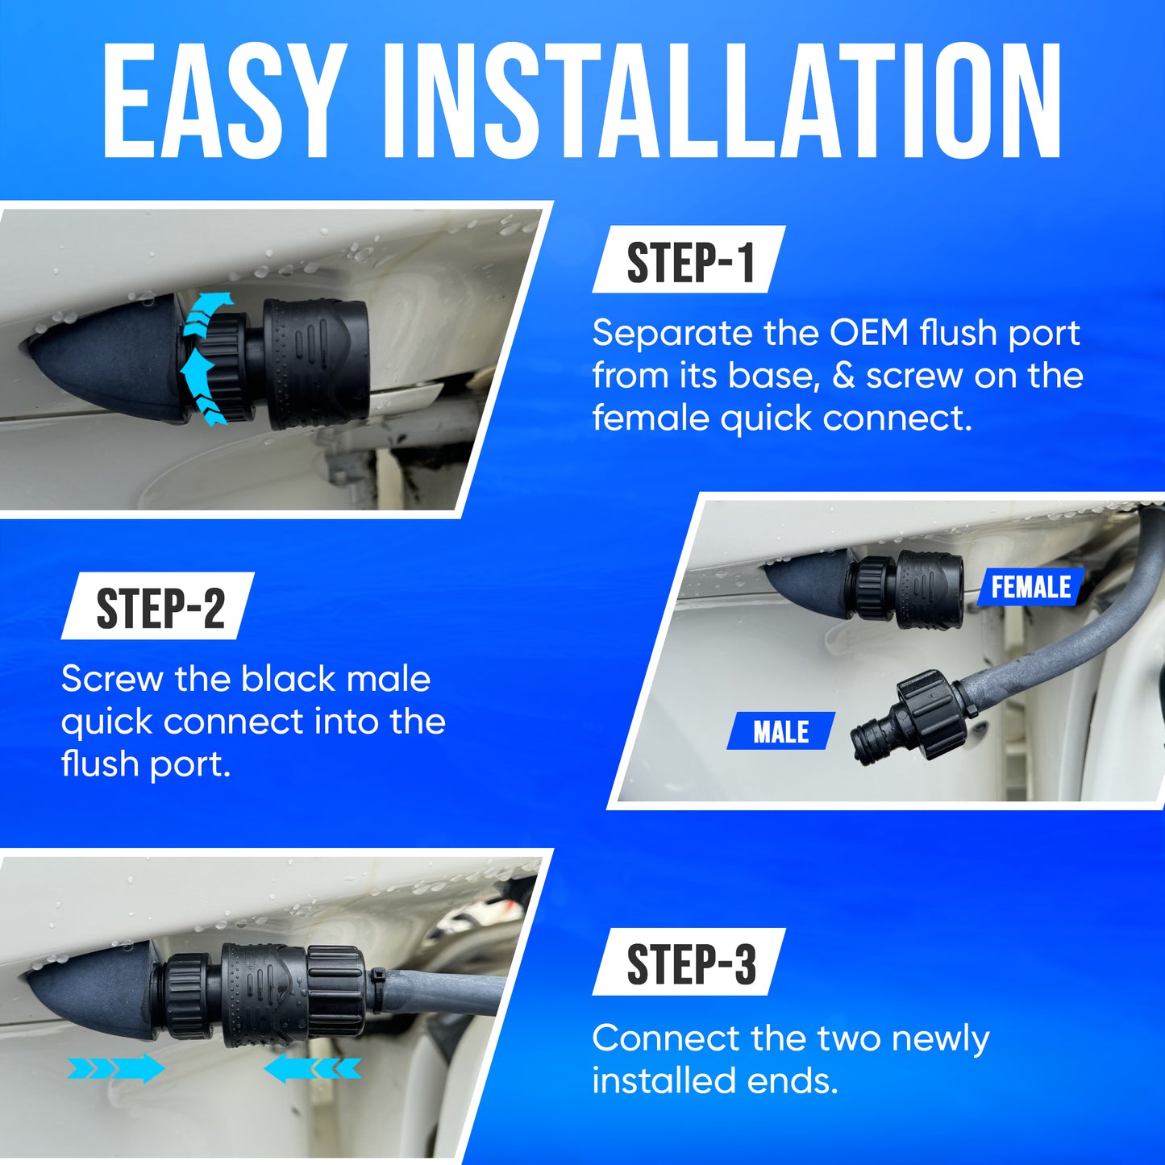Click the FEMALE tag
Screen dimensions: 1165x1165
(x=1031, y=587)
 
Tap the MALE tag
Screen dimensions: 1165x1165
(x=780, y=731)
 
